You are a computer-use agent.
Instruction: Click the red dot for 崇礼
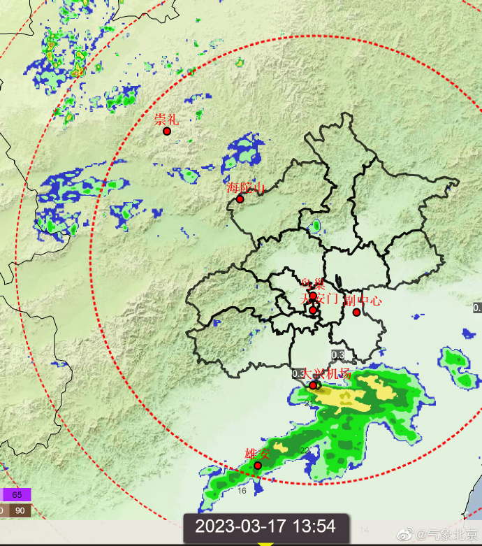click(x=167, y=131)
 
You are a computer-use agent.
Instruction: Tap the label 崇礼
click(x=166, y=119)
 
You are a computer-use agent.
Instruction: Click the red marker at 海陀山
click(x=240, y=199)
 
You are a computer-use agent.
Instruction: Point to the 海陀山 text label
click(x=246, y=187)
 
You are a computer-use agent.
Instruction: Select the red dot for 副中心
click(x=356, y=312)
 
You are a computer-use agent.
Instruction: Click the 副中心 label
click(x=363, y=301)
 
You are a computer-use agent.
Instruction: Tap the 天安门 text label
click(x=319, y=299)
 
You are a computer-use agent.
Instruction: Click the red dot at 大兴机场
click(x=313, y=385)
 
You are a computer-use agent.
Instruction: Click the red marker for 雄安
click(x=257, y=465)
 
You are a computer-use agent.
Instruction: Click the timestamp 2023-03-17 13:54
click(x=265, y=526)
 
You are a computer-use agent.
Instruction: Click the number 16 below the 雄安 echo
click(x=242, y=491)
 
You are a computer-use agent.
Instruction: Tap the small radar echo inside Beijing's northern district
click(x=316, y=226)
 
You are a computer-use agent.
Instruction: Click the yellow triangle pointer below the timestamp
click(x=265, y=543)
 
